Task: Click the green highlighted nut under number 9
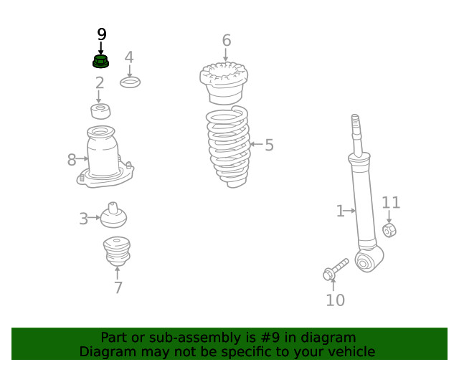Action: (100, 61)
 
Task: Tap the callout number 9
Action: (101, 34)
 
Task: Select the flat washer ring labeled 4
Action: (130, 82)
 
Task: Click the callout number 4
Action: (129, 57)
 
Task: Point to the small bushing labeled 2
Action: (100, 111)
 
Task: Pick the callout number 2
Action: (99, 83)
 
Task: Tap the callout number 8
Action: (72, 160)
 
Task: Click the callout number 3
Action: (84, 219)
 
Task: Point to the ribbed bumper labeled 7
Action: (116, 252)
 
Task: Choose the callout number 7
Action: (118, 288)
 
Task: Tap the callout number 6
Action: (226, 40)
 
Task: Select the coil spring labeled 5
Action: (229, 147)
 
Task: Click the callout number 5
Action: (269, 146)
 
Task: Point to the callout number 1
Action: (340, 211)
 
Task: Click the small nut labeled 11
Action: (389, 230)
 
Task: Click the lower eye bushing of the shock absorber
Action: (365, 262)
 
